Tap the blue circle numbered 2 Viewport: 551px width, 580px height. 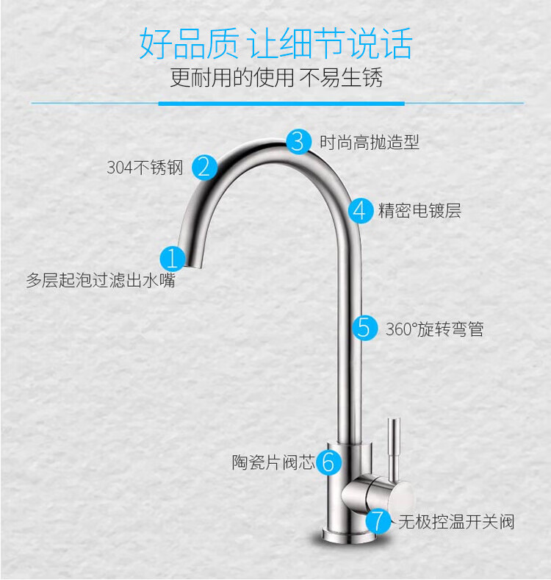205,167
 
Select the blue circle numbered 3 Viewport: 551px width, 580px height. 298,141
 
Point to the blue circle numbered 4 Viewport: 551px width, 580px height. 360,211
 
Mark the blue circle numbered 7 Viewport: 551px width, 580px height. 378,521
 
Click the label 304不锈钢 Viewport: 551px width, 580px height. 145,168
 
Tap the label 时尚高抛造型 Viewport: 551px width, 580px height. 370,142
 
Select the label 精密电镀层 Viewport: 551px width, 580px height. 419,212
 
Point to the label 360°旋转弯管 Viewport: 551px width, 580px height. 435,329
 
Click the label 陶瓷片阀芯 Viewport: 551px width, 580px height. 273,462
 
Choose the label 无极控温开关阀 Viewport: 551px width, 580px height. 456,522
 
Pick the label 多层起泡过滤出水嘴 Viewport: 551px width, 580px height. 101,280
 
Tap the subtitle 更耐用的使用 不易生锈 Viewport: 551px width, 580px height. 275,78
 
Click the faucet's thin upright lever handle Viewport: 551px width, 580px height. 395,441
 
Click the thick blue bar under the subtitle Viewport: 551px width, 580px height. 281,104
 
